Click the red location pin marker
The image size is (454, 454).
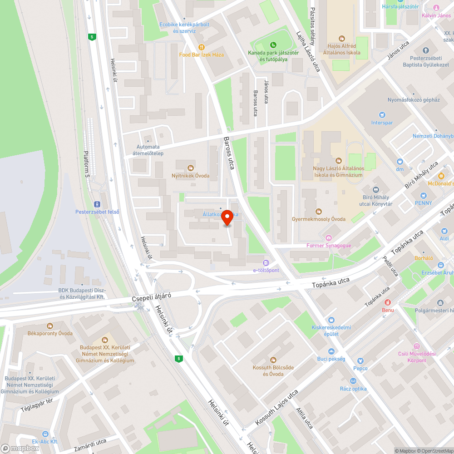(x=227, y=219)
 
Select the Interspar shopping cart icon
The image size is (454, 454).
(x=381, y=115)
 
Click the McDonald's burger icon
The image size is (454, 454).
(x=440, y=176)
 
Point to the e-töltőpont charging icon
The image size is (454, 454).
(x=266, y=262)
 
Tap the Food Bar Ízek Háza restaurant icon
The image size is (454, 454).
(x=202, y=47)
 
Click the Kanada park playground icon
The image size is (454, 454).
(x=273, y=44)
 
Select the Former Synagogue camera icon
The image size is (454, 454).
(x=329, y=238)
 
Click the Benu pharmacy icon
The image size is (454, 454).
(x=387, y=302)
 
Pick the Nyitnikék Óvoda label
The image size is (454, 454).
(x=190, y=175)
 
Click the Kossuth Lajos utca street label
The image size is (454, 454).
(x=276, y=407)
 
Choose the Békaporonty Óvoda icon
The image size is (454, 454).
(x=50, y=326)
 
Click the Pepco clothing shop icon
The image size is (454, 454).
(x=360, y=360)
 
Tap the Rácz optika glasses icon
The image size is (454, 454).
(x=353, y=381)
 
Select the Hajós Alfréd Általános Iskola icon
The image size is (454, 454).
(x=342, y=39)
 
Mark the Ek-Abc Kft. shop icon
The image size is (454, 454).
(x=45, y=434)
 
